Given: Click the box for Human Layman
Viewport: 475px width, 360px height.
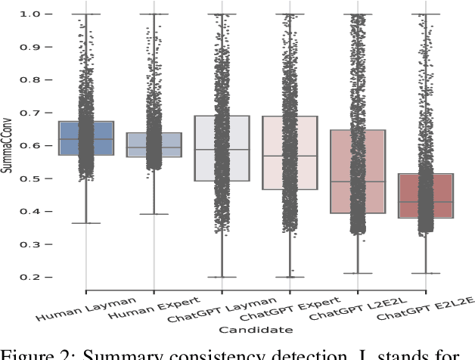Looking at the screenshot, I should tap(85, 138).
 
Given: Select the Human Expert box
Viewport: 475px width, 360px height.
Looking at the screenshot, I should tap(154, 144).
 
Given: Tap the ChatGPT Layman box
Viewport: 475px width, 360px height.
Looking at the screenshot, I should tap(222, 148).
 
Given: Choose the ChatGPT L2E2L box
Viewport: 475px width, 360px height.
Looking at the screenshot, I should tap(358, 172).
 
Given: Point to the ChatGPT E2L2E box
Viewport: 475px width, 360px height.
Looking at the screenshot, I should tap(426, 196).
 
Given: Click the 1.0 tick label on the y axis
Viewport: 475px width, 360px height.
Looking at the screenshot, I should tap(43, 14).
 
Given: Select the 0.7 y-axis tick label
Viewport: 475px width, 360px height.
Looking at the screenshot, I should tap(43, 113).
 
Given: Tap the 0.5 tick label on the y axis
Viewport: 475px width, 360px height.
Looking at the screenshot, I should tap(43, 178).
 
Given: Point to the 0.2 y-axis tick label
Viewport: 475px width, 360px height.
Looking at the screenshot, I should tap(43, 278).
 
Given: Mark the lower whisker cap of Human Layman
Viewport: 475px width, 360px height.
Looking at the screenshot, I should tap(85, 223).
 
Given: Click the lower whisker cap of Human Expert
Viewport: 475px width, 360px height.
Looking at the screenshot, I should tap(154, 214).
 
